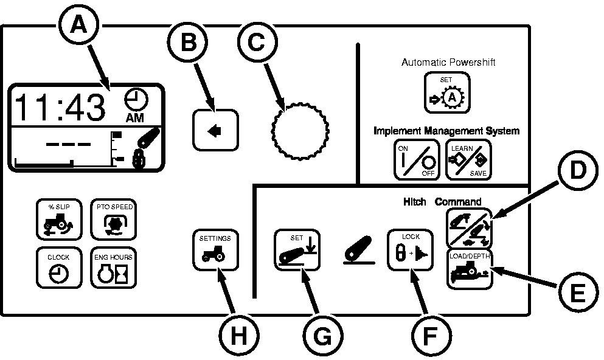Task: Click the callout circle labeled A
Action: (x=77, y=26)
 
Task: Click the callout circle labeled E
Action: (x=572, y=293)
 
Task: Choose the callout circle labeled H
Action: (x=234, y=334)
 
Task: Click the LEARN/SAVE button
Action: (x=468, y=159)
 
